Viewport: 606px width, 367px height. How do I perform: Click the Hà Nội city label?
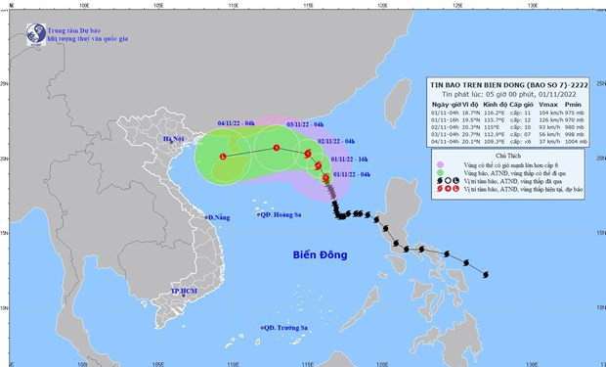(x=174, y=141)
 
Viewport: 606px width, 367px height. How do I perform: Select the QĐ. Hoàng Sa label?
(x=282, y=217)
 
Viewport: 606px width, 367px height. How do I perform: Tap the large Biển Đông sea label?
(x=324, y=256)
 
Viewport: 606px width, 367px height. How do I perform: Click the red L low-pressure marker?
(x=223, y=157)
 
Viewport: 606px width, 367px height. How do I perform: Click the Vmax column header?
(x=542, y=106)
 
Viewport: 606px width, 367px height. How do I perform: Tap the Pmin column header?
(x=576, y=106)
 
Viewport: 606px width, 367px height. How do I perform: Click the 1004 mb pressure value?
(x=576, y=141)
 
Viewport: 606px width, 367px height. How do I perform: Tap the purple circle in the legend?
(x=441, y=164)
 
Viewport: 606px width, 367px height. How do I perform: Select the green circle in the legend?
(x=441, y=173)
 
